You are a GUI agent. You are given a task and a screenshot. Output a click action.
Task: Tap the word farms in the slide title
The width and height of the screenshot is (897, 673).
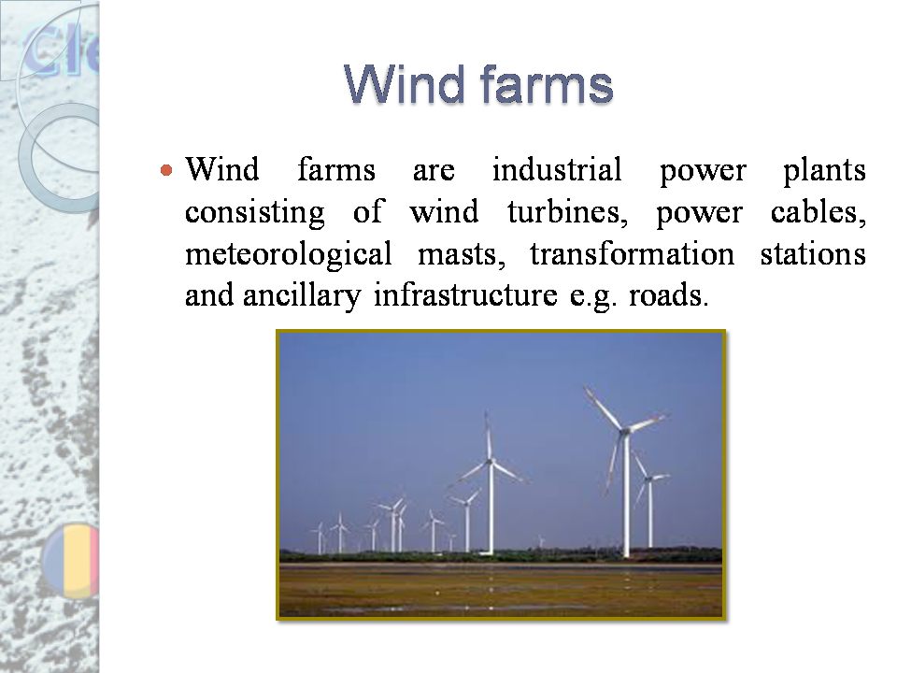coord(546,85)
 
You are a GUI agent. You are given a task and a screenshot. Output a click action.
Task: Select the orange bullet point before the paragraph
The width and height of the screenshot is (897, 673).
coord(166,171)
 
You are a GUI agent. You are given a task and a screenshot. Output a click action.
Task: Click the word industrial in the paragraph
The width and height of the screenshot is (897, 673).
coord(556,171)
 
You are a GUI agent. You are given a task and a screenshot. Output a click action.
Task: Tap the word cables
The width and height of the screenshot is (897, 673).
coord(819,213)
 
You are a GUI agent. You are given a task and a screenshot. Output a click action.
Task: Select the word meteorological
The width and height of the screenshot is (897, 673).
coord(289,254)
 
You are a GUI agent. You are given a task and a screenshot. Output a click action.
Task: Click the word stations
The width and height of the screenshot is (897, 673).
coord(812,254)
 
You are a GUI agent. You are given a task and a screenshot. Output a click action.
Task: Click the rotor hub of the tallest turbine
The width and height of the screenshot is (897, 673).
coord(624,430)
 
